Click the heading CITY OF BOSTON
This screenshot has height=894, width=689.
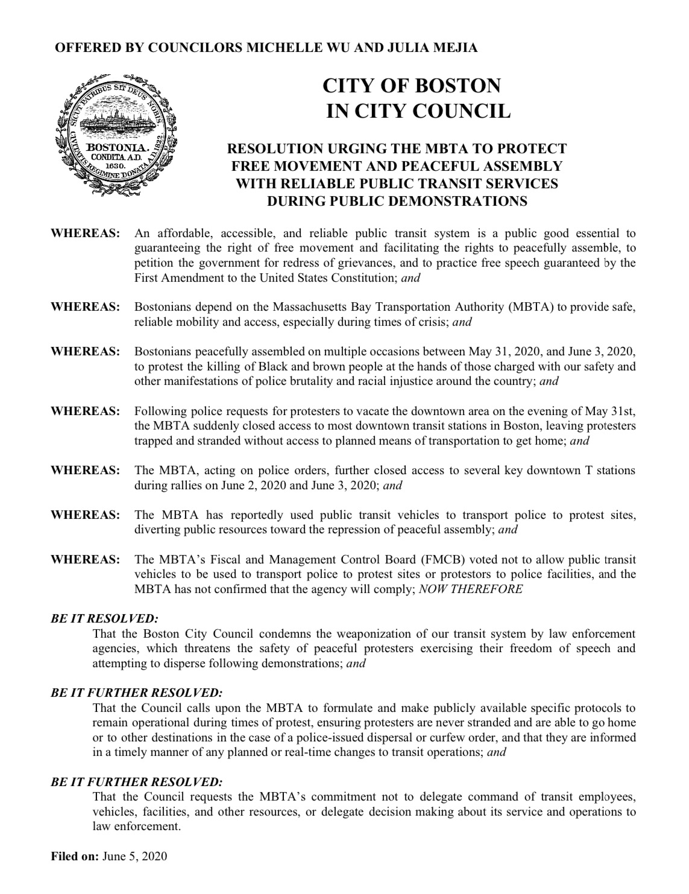click(x=412, y=86)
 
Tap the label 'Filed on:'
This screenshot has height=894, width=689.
click(x=75, y=856)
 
